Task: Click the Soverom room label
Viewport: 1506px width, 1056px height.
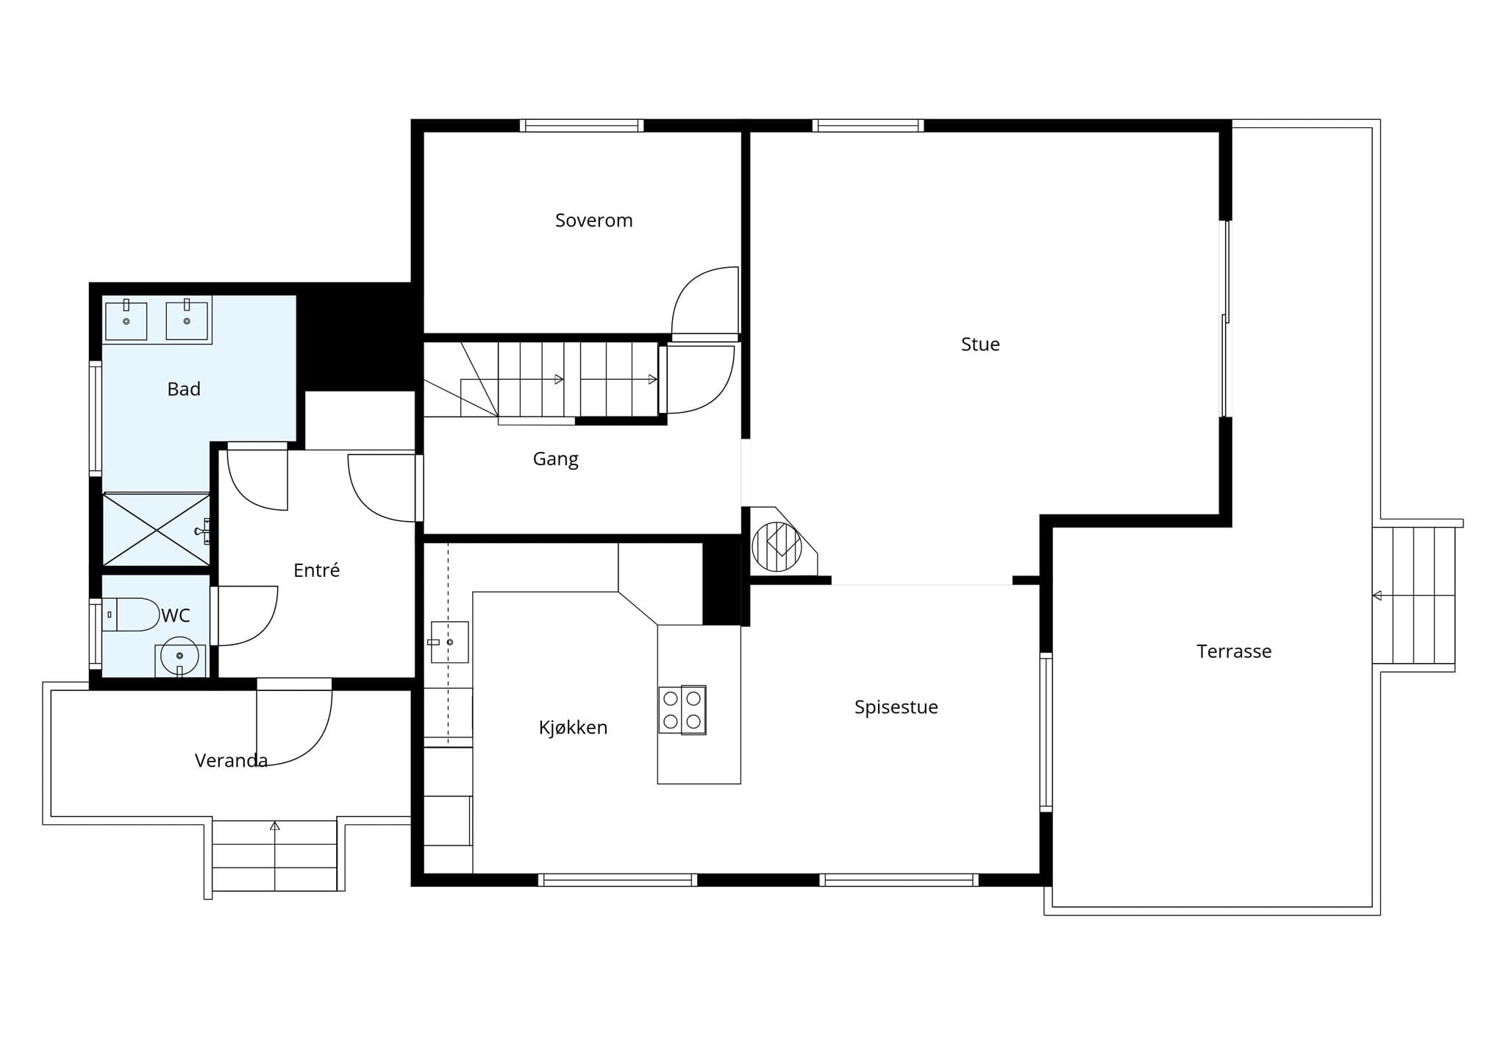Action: (x=593, y=220)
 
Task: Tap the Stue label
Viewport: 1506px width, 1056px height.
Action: (x=980, y=344)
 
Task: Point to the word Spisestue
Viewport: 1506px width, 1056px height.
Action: (x=896, y=707)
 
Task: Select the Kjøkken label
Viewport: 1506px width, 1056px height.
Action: (x=573, y=728)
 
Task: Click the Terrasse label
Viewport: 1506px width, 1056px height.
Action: (x=1234, y=651)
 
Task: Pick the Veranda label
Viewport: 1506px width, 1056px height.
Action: (x=231, y=760)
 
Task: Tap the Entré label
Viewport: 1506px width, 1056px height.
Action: (x=316, y=570)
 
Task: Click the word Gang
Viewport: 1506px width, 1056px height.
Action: (x=555, y=459)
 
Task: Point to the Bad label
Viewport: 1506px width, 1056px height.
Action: (x=184, y=389)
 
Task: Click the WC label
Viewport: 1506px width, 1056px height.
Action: (x=176, y=615)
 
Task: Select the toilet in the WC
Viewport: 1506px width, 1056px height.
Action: (x=131, y=614)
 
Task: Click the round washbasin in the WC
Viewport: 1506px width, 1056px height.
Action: (x=179, y=656)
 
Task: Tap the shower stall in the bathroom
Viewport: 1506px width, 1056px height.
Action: (x=156, y=530)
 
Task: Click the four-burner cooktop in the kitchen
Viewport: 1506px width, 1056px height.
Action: (x=682, y=710)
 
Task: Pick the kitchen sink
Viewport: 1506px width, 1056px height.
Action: (x=449, y=642)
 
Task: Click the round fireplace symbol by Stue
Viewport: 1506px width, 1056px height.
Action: (x=777, y=547)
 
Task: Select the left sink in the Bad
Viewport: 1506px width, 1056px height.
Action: (x=126, y=320)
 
